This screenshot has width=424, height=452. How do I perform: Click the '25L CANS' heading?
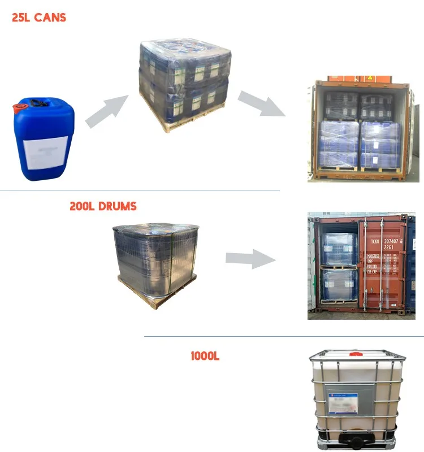(39, 18)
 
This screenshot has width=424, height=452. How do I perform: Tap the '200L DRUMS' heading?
(103, 206)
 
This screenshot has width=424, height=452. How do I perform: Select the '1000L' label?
(205, 356)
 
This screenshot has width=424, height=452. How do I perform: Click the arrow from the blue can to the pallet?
(106, 111)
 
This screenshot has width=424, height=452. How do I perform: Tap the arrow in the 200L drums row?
(250, 259)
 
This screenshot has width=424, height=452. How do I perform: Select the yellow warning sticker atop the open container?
(370, 77)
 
